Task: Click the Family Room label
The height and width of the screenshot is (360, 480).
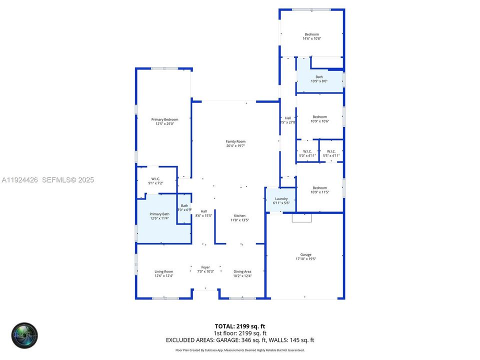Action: (235, 141)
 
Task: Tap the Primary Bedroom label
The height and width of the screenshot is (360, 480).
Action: (164, 119)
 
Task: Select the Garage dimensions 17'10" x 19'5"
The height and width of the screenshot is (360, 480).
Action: (305, 259)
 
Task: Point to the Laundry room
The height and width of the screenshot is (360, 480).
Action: (281, 200)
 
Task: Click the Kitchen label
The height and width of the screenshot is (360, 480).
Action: (239, 215)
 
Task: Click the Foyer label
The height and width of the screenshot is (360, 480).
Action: (205, 267)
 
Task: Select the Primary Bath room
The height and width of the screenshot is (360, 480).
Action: (159, 216)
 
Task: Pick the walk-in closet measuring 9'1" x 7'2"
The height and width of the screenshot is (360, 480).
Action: (155, 181)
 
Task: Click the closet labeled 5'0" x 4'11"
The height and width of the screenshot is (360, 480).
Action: (307, 153)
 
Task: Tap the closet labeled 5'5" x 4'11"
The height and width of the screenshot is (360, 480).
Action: (331, 153)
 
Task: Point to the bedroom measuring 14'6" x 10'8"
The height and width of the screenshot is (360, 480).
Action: (311, 36)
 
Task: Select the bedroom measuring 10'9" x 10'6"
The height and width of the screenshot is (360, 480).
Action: (319, 119)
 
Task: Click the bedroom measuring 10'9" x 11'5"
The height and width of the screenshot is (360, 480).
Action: (319, 190)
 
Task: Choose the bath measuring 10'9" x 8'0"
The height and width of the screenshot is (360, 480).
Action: (319, 79)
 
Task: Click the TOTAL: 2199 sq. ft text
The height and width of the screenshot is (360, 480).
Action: (240, 326)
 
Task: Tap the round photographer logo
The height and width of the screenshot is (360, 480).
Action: (24, 335)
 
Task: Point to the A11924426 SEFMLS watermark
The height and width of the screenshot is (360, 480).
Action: (47, 180)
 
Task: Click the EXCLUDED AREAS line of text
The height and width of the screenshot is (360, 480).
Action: (240, 340)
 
